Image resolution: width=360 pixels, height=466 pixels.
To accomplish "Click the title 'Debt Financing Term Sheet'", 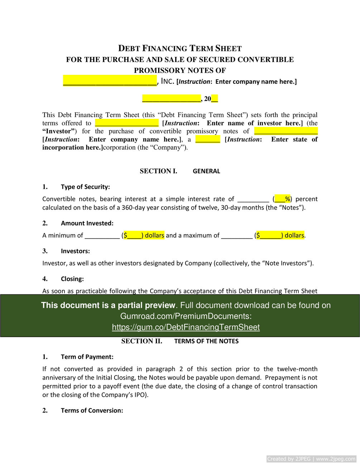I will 180,48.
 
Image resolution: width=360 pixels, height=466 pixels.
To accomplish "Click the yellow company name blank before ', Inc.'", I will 110,81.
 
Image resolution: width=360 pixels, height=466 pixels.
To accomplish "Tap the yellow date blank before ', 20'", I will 171,99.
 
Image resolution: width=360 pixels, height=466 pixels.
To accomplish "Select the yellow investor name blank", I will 126,123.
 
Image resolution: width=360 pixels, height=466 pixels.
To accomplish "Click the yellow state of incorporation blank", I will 207,139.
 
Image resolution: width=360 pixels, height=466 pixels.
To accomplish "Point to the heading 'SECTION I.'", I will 158,171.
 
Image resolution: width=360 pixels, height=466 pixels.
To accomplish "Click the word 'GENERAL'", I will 206,171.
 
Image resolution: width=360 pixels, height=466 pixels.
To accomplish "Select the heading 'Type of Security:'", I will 85,187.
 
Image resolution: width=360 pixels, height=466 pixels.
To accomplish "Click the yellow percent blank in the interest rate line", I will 283,199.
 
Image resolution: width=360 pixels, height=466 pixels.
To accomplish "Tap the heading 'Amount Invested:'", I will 87,224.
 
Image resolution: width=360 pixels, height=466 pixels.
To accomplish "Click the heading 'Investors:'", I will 75,251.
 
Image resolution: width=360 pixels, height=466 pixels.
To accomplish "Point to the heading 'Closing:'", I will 72,279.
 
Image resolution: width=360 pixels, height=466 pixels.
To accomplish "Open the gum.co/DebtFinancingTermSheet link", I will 186,327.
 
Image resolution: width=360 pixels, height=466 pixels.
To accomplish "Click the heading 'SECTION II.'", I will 141,341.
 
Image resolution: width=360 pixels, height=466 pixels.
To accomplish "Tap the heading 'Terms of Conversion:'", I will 92,410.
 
